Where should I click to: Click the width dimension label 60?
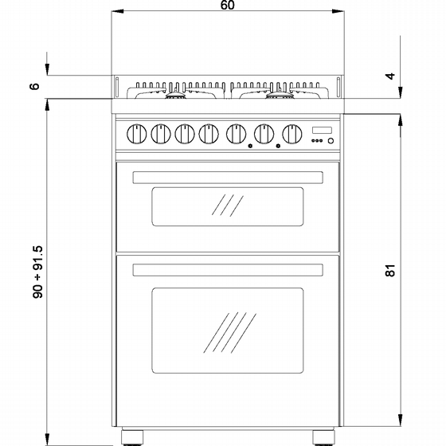228,5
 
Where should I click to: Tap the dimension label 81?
390,270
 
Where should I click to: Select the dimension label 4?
390,76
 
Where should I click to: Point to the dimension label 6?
34,86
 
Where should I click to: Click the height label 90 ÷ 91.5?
37,272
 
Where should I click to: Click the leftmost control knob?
136,134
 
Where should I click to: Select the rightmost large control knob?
292,134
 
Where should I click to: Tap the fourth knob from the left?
209,134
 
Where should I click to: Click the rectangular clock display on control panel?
322,130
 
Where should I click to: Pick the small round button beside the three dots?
331,140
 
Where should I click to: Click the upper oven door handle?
228,178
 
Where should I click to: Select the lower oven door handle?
228,270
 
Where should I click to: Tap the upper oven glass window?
228,207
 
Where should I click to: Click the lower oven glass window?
228,331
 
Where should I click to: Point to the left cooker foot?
132,437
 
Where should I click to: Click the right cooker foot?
323,437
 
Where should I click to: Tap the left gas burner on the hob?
175,96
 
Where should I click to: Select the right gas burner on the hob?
280,96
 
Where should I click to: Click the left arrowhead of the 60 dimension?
117,11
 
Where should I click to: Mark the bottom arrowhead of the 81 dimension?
400,420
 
